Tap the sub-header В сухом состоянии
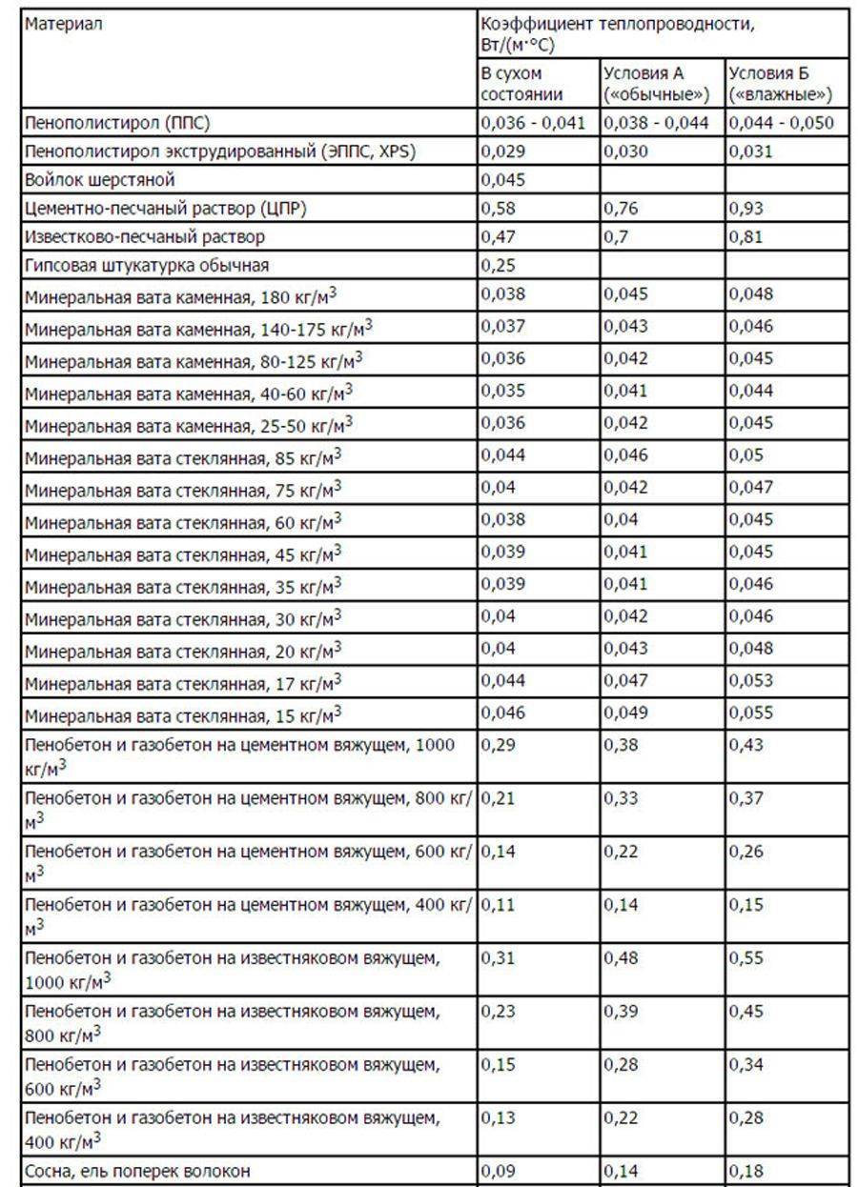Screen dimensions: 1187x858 [x=521, y=84]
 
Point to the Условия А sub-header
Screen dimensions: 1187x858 [x=658, y=84]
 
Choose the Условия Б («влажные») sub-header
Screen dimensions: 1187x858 [x=781, y=84]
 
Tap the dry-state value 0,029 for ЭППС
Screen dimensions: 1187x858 [x=501, y=151]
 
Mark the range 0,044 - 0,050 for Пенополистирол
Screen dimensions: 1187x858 [x=781, y=122]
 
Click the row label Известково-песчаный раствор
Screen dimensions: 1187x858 [x=145, y=236]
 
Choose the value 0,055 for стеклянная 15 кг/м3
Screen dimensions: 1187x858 [x=751, y=712]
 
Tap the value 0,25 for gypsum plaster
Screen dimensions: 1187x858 [x=497, y=265]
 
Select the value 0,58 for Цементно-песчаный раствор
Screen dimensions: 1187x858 [x=497, y=208]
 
